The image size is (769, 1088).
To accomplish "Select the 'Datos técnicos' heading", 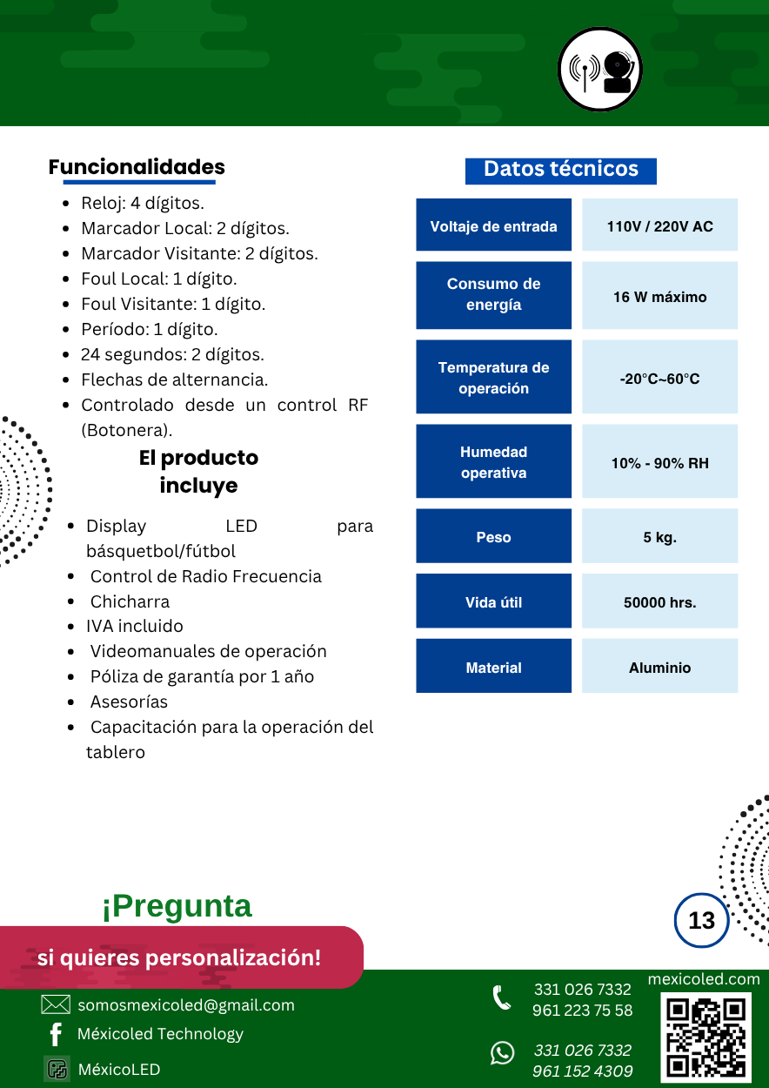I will click(561, 170).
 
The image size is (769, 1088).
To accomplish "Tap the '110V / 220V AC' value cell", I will click(659, 226).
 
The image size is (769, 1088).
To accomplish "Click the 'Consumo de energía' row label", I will click(493, 295).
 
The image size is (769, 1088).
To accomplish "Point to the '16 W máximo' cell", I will click(659, 297).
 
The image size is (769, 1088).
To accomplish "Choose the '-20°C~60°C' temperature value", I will click(659, 379).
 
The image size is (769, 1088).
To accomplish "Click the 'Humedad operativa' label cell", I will click(493, 462).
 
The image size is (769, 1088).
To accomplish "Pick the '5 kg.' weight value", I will click(659, 537).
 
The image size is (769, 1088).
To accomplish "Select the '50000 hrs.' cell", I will click(659, 602).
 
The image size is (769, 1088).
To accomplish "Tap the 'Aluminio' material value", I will click(659, 668).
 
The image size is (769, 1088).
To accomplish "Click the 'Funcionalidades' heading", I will click(137, 167).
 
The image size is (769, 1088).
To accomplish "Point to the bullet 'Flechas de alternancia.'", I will click(174, 379).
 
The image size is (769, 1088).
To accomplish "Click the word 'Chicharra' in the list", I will click(130, 601).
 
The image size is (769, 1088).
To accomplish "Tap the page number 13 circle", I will click(701, 920).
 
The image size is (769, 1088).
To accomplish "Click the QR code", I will click(705, 1038).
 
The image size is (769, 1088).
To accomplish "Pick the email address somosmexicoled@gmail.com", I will click(186, 1005).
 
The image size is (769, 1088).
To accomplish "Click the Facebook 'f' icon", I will click(56, 1034).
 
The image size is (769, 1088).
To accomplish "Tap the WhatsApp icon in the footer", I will click(502, 1053).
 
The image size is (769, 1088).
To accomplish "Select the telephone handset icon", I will click(502, 997).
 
